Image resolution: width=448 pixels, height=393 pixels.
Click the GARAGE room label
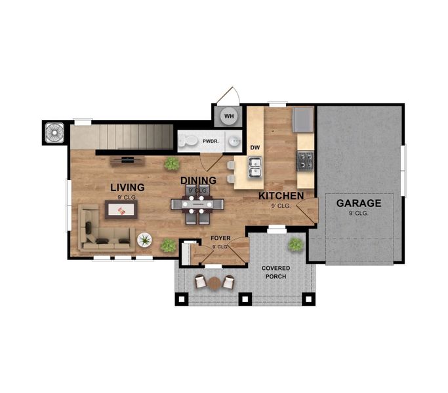(359, 203)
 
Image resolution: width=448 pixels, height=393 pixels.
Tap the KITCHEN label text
(281, 196)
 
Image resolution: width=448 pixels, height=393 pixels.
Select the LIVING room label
(127, 187)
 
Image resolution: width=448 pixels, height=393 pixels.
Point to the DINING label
(198, 181)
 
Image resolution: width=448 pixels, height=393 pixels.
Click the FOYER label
(220, 238)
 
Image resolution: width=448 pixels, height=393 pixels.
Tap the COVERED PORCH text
(275, 272)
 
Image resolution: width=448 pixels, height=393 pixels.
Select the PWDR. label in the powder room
(210, 141)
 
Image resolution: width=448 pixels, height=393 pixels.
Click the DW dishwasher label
(255, 148)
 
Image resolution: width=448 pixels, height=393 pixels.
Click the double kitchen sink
(255, 168)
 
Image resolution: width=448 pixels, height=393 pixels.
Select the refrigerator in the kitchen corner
(303, 120)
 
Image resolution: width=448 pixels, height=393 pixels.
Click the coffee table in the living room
(121, 210)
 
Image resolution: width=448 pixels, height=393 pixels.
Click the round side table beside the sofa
(144, 240)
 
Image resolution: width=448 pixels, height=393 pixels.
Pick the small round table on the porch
(214, 283)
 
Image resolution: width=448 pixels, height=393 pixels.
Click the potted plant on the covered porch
(296, 244)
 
